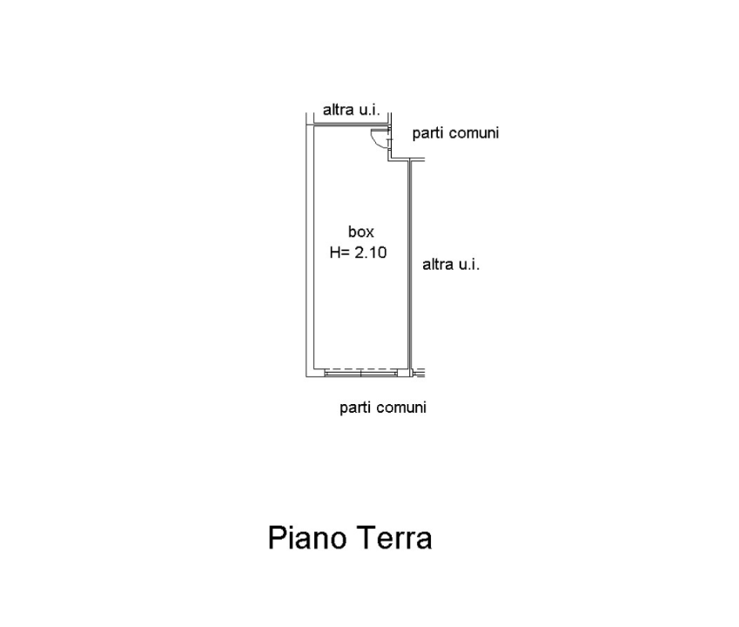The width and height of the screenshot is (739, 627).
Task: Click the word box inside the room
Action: click(x=360, y=233)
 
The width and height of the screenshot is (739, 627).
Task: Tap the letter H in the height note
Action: click(x=335, y=253)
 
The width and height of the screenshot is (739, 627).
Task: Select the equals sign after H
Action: click(x=347, y=254)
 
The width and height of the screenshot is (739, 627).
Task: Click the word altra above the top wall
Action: click(x=338, y=111)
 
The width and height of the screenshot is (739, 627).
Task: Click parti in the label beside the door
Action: click(x=427, y=134)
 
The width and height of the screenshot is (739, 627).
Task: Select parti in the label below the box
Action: click(x=354, y=408)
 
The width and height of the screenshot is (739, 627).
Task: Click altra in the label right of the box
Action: click(x=437, y=265)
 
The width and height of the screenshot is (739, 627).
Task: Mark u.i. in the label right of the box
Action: click(x=468, y=265)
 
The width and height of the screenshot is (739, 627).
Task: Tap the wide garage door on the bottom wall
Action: click(x=360, y=372)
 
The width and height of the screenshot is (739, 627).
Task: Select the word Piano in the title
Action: click(x=306, y=537)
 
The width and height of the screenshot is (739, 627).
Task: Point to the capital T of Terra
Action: click(x=364, y=537)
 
